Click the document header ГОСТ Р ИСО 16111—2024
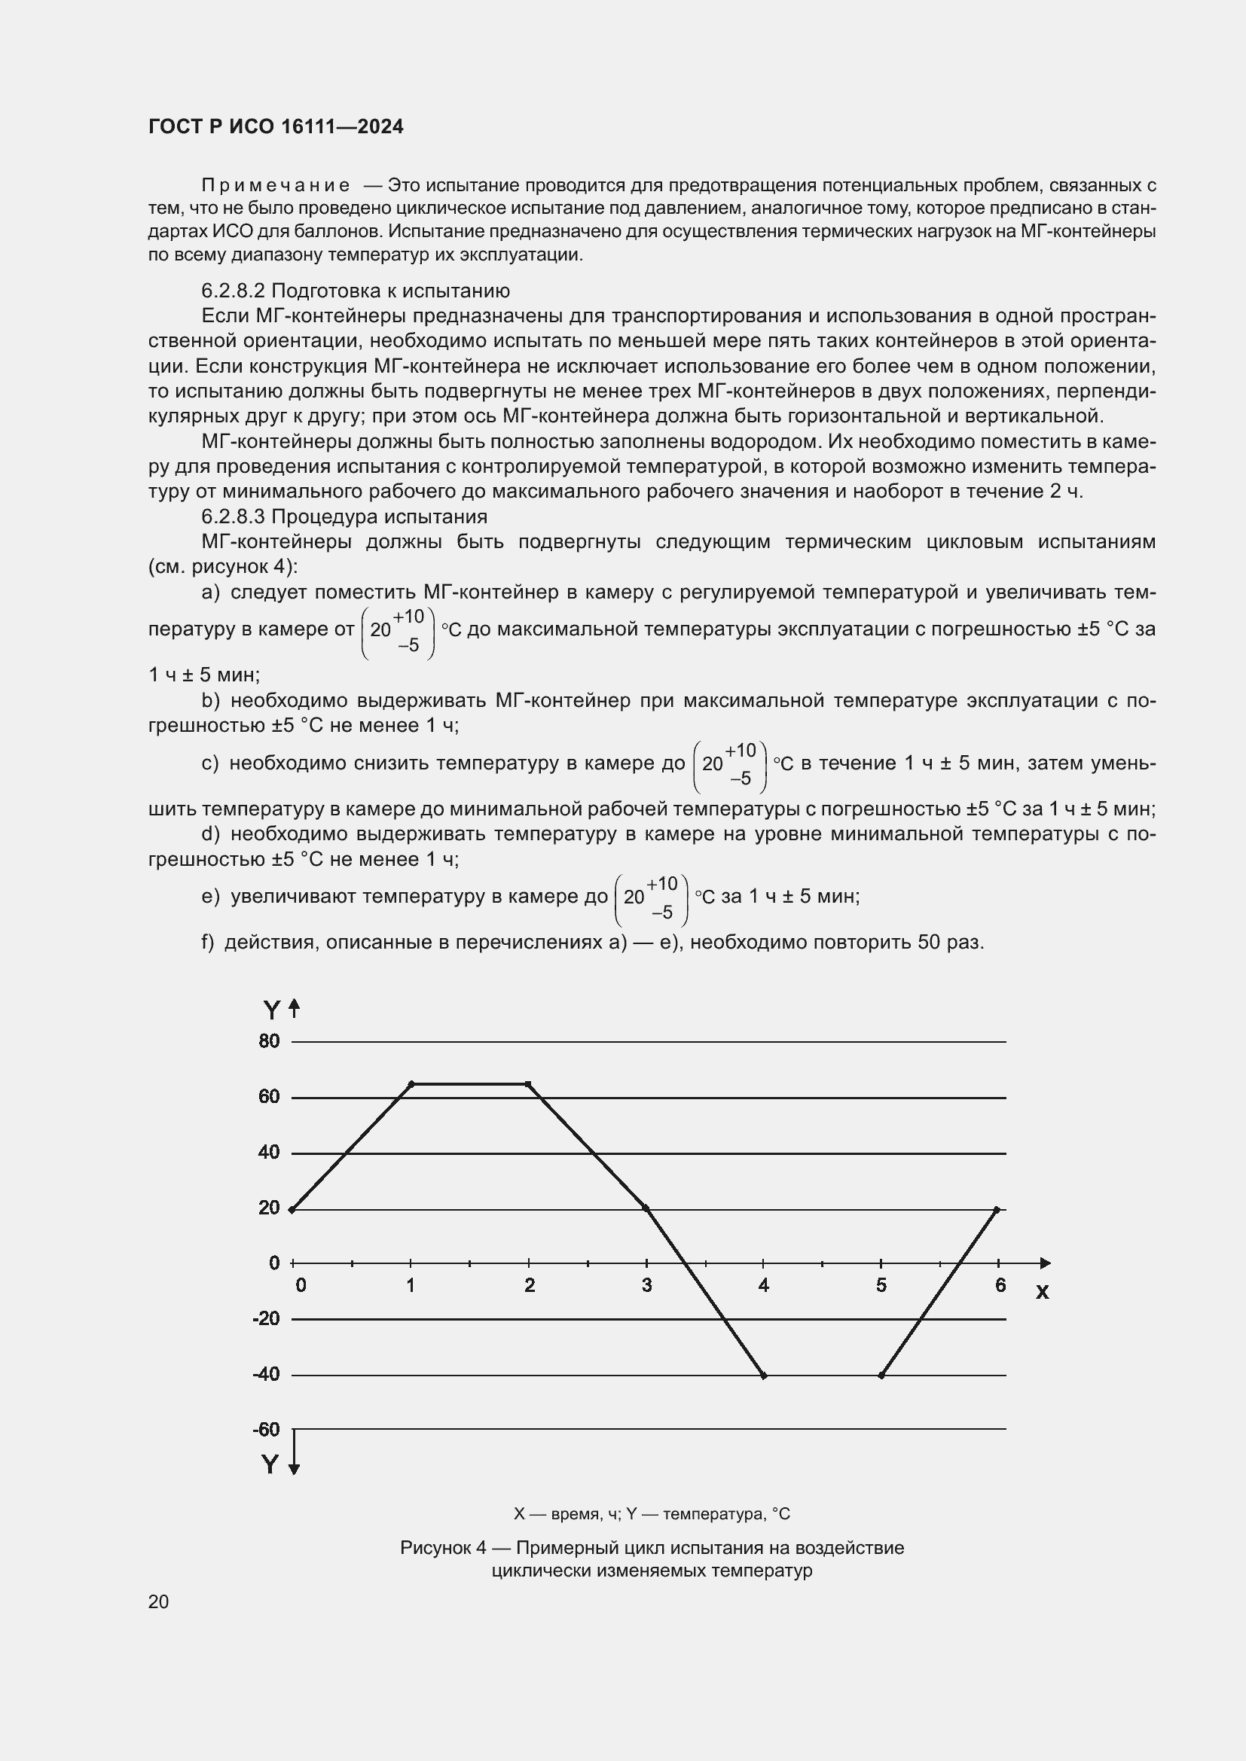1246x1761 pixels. (x=276, y=127)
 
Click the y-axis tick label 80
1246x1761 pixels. (x=269, y=1041)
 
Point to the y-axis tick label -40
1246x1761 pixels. (x=266, y=1375)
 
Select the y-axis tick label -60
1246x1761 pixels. (x=266, y=1430)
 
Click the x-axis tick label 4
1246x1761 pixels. (x=763, y=1285)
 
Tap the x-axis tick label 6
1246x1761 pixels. (x=1000, y=1285)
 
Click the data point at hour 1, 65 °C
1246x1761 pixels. (x=411, y=1083)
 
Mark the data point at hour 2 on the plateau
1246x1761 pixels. (x=528, y=1083)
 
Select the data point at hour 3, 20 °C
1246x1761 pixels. (x=646, y=1208)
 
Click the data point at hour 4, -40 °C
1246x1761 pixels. (x=763, y=1376)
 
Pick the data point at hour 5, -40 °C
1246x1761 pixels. (x=881, y=1376)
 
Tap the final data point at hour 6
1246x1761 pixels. (x=997, y=1210)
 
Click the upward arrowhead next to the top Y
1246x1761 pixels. (x=294, y=1006)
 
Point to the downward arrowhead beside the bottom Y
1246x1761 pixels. (x=294, y=1469)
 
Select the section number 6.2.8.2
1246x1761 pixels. (x=234, y=291)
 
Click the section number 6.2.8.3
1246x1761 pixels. (x=234, y=516)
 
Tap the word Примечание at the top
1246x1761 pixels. (x=276, y=186)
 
